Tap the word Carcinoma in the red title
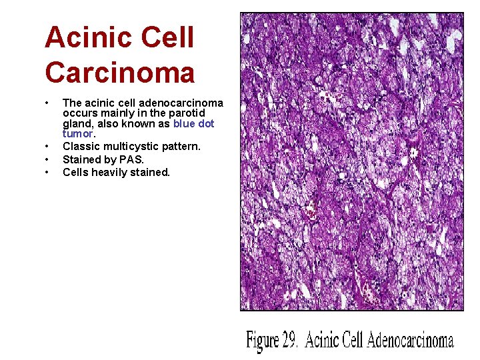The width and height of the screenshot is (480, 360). (120, 72)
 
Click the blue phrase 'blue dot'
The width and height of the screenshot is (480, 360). (193, 124)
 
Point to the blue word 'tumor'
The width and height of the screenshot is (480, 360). (76, 133)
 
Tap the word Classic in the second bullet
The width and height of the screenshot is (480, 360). (80, 146)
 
